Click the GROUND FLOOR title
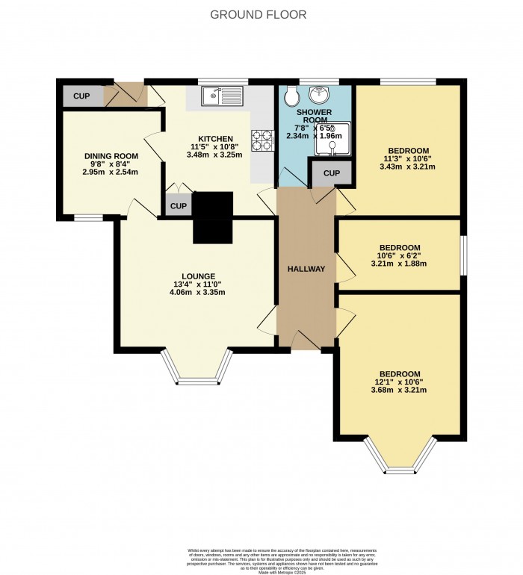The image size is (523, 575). [259, 15]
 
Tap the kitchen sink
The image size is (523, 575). [220, 96]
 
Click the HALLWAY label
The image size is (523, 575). [306, 269]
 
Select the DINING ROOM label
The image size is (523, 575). [111, 156]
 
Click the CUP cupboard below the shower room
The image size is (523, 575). [332, 174]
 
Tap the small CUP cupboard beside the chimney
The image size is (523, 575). [177, 206]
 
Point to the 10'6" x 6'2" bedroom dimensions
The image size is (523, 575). [399, 255]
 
